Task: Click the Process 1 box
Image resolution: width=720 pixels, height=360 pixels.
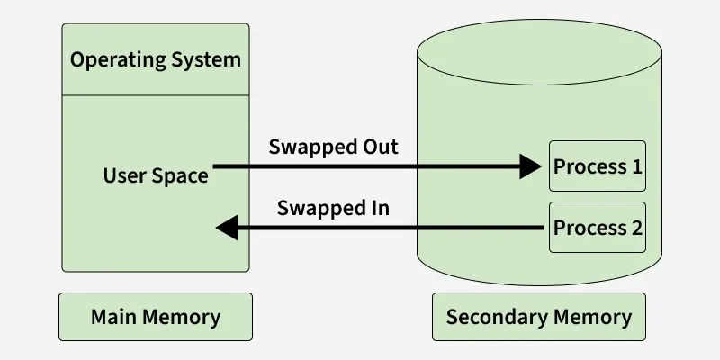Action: point(598,166)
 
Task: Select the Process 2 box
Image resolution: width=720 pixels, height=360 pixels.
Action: point(598,228)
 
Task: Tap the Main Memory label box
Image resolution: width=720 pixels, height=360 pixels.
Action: point(156,317)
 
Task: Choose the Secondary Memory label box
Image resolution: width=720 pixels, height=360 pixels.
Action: point(539,317)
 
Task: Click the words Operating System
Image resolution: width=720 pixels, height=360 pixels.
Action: point(156,60)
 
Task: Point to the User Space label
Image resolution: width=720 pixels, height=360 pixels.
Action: point(156,175)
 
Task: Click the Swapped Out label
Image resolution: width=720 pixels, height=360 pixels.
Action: point(333,147)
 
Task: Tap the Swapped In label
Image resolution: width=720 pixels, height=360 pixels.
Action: point(333,208)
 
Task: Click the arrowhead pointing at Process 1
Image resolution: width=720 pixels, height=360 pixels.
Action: point(533,166)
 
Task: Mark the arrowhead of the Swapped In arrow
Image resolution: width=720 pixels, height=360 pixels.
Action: point(227,229)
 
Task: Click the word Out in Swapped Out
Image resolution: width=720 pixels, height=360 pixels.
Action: point(379,147)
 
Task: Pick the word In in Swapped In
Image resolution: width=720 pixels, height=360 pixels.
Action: point(378,208)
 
